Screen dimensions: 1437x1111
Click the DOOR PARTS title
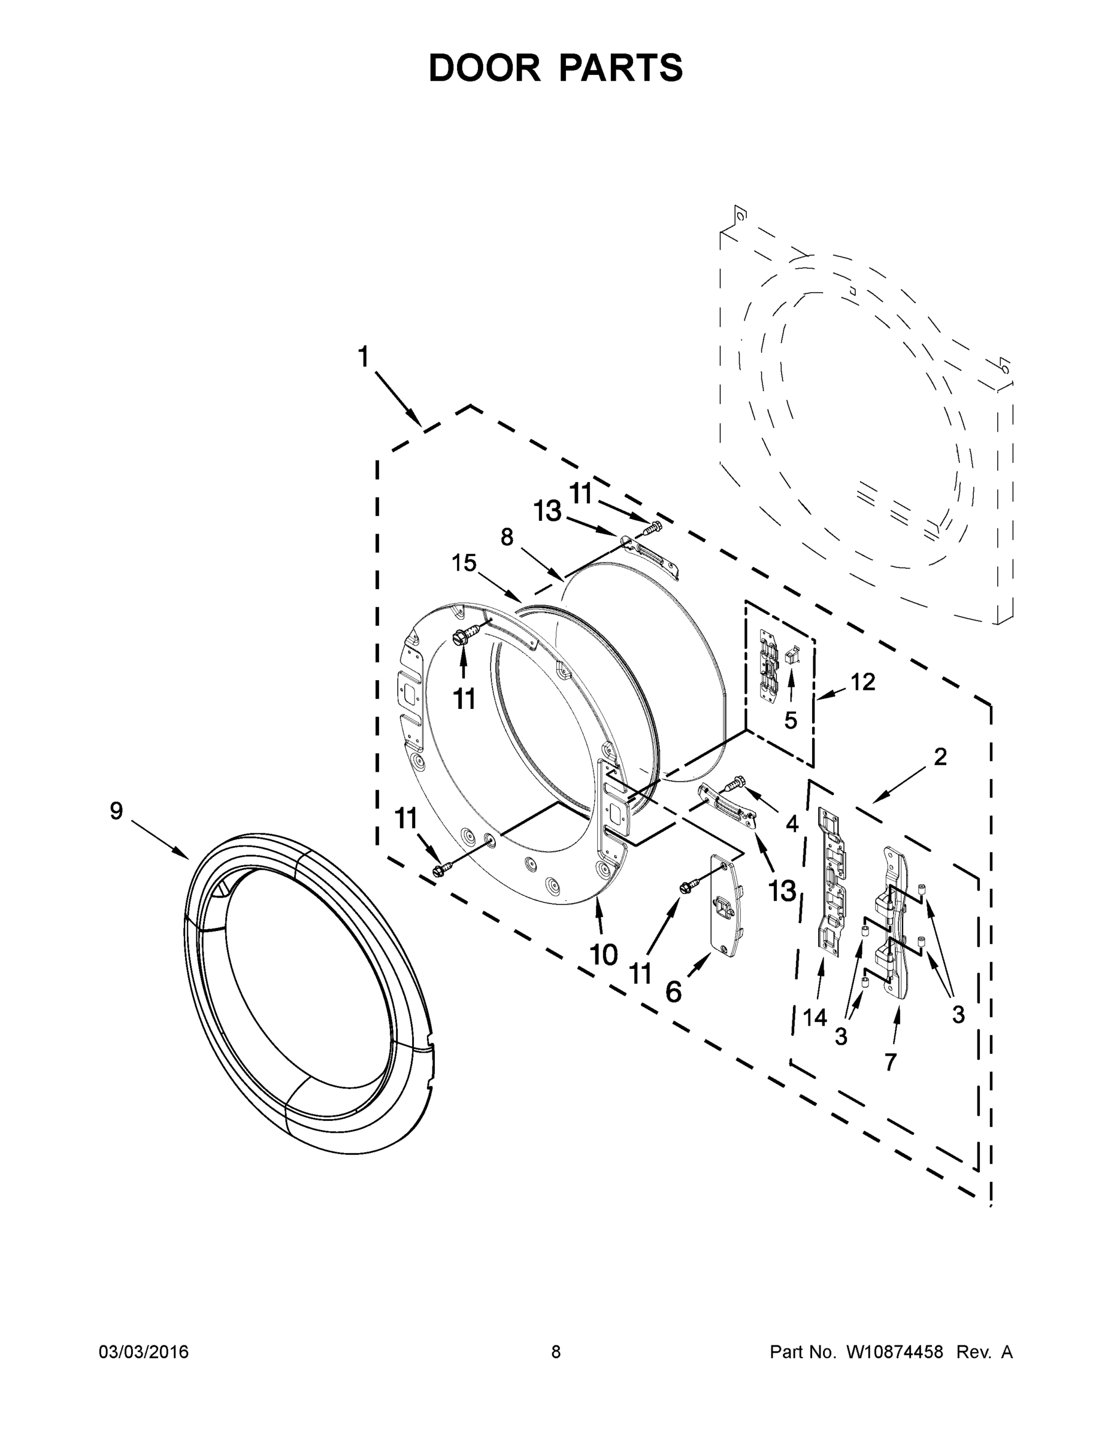coord(556,68)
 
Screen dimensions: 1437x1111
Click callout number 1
coord(363,357)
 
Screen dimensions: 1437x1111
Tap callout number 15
coord(464,563)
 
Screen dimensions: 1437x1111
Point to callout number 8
coord(506,538)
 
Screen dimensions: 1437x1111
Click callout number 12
coord(863,683)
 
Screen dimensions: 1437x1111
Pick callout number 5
coord(791,720)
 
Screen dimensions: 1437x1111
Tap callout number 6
coord(673,992)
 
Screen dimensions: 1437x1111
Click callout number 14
coord(814,1018)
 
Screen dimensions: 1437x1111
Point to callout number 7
coord(891,1062)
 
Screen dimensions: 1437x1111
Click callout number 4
coord(792,823)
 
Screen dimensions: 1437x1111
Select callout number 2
coord(940,757)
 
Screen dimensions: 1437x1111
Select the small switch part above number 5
coord(792,654)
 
